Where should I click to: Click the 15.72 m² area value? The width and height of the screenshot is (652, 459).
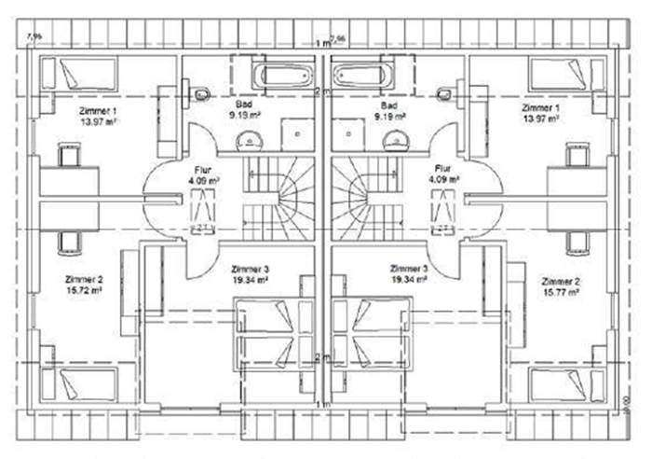coord(84,291)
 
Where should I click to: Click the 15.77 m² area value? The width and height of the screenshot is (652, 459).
coord(559,291)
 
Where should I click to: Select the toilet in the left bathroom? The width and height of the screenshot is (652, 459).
coord(201,93)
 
